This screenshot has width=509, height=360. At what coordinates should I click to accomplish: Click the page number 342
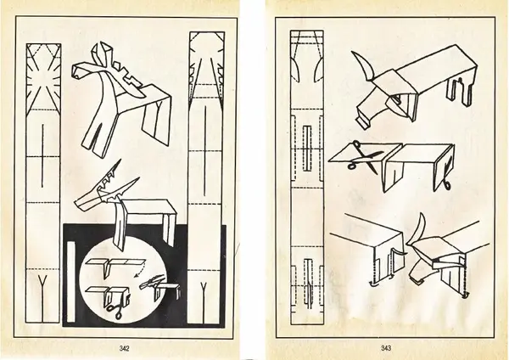tap(125, 349)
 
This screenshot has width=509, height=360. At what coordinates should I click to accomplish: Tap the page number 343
tap(386, 348)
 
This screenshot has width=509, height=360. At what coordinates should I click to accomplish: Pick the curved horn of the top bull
tap(363, 66)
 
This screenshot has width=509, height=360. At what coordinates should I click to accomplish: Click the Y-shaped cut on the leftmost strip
tap(42, 297)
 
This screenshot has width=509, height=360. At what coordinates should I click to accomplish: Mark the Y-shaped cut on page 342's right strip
tap(204, 302)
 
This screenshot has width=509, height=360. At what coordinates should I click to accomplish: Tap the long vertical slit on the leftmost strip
tap(42, 155)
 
